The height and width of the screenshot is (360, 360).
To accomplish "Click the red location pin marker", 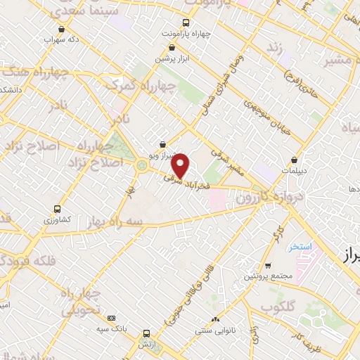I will [x=181, y=165].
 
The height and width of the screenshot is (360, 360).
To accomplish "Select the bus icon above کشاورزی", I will [x=57, y=209].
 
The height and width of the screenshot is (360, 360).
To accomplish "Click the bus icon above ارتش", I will [x=146, y=333].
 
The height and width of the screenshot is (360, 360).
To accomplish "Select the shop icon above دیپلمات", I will [x=303, y=160].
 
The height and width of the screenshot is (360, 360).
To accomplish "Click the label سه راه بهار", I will [x=115, y=220].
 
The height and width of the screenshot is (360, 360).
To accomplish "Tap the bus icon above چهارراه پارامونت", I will [x=185, y=22].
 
